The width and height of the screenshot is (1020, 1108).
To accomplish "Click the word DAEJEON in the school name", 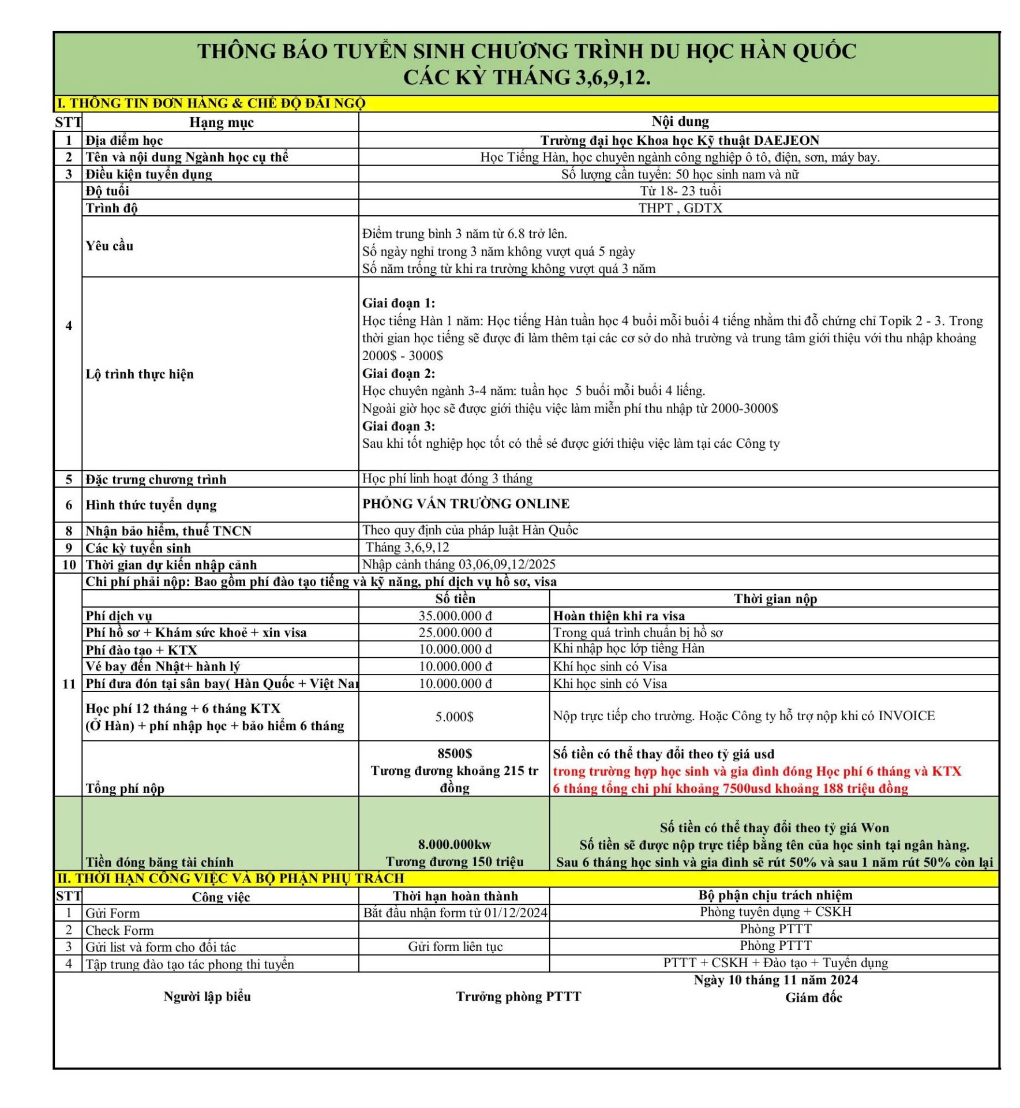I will click(x=786, y=140).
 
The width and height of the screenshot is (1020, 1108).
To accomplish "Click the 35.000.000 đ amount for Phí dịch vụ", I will click(x=455, y=616).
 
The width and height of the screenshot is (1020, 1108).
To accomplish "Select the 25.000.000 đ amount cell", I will click(x=455, y=632).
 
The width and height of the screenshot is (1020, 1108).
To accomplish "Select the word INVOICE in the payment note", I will click(x=906, y=716).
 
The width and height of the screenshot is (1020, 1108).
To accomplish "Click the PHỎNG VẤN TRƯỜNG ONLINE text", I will click(x=466, y=504).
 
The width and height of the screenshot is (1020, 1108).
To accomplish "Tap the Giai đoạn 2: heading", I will click(x=399, y=373).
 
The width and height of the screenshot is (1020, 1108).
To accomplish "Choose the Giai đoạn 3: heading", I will click(x=399, y=426).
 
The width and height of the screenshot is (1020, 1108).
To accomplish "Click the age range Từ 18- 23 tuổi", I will click(x=680, y=191).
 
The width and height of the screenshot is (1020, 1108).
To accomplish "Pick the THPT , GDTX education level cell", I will click(x=680, y=208).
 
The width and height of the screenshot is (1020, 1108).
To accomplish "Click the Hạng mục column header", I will click(x=222, y=122).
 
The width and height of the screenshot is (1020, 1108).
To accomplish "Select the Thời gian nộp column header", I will click(x=775, y=598).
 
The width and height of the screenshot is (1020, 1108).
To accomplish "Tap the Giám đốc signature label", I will click(x=813, y=997).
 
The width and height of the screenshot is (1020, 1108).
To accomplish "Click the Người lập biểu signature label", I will click(x=207, y=996).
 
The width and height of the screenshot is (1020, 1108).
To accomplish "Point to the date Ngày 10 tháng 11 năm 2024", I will click(x=775, y=979).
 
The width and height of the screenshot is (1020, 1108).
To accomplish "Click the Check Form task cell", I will click(x=119, y=930).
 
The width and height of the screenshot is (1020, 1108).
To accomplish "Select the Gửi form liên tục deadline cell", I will click(x=455, y=946).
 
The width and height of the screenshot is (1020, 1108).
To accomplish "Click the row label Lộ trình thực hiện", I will click(x=140, y=374).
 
